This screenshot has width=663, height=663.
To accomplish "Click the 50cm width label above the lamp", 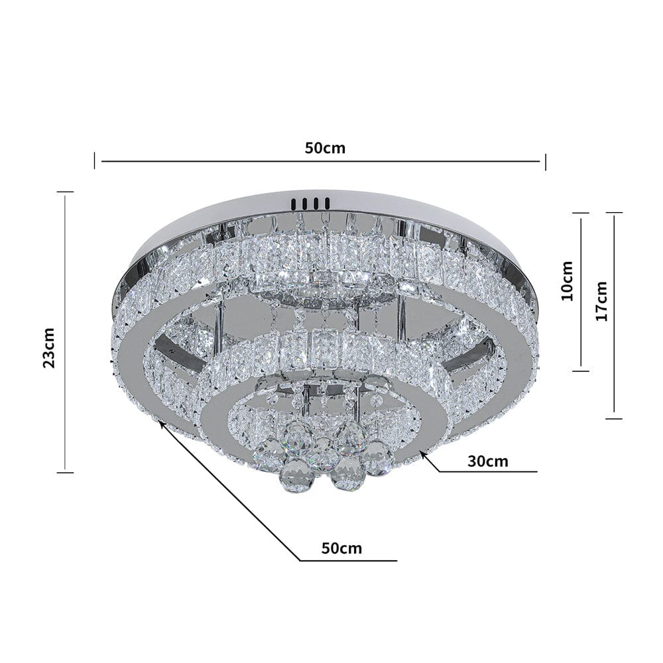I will click(325, 148).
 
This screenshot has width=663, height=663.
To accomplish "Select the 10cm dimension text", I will click(567, 280).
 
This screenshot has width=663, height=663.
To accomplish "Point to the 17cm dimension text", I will click(601, 301).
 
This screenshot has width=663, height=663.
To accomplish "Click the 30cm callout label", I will click(487, 461).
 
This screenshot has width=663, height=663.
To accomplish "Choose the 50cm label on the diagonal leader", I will click(341, 548).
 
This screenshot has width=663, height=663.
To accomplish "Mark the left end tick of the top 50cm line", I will click(95, 160).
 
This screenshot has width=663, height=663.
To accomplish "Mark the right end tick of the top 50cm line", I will click(545, 161).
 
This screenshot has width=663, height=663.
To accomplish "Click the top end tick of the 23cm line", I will click(65, 192).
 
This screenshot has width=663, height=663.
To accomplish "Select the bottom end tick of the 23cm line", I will click(65, 472).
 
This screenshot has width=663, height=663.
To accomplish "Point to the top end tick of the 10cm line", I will click(581, 213).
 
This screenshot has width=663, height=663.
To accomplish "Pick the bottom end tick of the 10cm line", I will click(581, 370).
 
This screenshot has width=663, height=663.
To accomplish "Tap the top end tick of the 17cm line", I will click(615, 213).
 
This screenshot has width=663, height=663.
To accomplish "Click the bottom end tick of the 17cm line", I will click(615, 418).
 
